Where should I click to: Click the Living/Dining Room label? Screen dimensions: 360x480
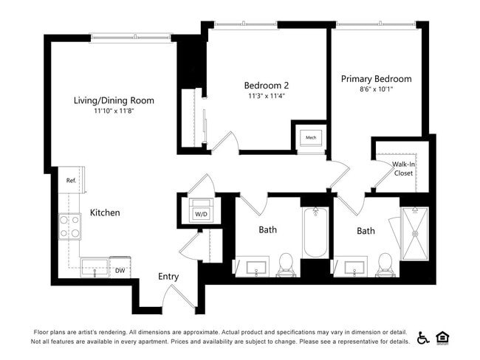(x=114, y=100)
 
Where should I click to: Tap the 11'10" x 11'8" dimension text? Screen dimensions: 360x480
(x=114, y=111)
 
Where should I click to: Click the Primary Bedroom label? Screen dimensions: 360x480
(x=376, y=79)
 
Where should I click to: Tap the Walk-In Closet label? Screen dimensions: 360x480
(x=403, y=169)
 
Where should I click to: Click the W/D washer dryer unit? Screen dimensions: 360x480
(x=201, y=208)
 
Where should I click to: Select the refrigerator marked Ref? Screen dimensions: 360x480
(x=72, y=180)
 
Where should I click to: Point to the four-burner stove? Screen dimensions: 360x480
(x=70, y=226)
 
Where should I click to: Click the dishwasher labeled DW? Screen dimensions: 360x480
(x=120, y=268)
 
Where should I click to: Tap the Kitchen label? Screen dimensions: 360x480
(x=105, y=212)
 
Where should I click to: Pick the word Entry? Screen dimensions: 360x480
(x=168, y=277)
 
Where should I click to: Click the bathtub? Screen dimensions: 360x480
(x=315, y=232)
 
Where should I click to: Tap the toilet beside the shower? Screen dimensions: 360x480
(x=385, y=263)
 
